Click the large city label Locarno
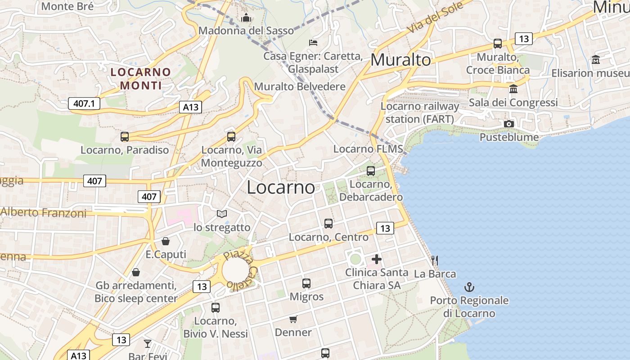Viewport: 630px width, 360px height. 281,187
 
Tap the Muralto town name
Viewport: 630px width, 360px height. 400,60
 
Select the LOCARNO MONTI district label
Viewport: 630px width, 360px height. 141,78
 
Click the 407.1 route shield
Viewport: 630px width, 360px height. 84,104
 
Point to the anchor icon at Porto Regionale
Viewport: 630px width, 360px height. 469,287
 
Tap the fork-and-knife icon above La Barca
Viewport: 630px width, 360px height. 435,260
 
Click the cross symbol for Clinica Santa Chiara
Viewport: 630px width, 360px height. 377,259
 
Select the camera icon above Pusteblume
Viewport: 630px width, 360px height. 509,124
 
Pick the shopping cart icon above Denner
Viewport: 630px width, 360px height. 293,319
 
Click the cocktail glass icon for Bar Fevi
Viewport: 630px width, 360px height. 148,344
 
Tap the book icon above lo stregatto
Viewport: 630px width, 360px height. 222,214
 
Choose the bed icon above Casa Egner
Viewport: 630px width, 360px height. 313,43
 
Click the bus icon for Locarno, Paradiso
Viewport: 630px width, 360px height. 125,136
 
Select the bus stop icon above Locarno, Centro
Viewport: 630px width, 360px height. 328,223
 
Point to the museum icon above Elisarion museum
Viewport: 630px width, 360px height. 596,59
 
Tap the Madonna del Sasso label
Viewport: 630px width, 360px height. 246,31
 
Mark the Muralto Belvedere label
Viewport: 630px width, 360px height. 300,86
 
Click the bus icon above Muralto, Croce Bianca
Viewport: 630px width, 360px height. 498,44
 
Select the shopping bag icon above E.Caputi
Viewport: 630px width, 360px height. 166,241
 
